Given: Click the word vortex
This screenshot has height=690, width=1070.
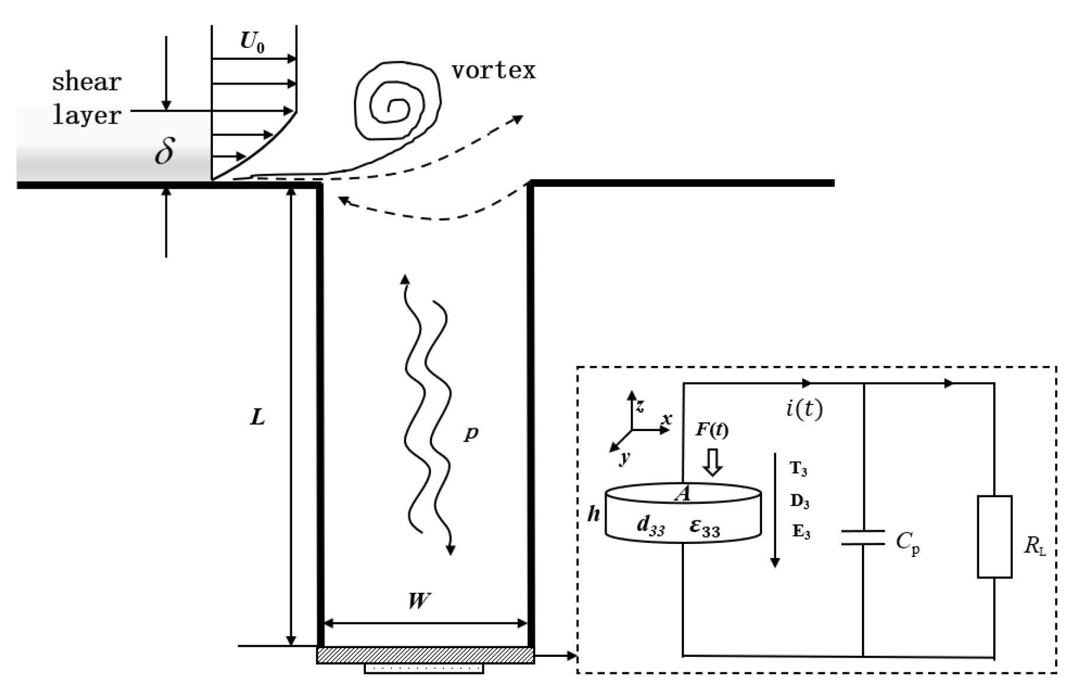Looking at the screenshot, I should point(494,70).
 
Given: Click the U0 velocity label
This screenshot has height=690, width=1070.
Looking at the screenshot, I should point(252,42).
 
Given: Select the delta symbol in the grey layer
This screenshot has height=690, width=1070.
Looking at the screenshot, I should point(164,151).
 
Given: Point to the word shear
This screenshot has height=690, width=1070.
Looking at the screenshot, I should point(86,82).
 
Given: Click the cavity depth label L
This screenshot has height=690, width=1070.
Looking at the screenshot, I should point(257,418).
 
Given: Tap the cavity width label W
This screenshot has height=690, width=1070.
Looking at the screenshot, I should point(419,601).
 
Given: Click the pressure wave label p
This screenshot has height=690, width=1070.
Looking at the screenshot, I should point(471,433).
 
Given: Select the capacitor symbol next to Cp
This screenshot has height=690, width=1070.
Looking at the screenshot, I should point(863,537).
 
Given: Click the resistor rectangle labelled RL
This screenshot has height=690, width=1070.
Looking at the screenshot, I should point(994,536).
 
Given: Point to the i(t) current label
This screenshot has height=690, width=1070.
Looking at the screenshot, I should point(804,408).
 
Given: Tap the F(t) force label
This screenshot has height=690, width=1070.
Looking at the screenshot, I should point(712,429).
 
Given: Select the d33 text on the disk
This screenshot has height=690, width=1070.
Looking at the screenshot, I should point(650,526).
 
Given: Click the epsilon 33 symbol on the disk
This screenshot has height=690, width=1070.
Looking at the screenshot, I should point(705,526).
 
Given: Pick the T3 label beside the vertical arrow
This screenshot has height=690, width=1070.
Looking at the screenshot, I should point(798,469).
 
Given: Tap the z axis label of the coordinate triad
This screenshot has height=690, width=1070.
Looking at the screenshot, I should point(640,406).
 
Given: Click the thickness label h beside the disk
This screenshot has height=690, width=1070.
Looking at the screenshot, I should point(594,514).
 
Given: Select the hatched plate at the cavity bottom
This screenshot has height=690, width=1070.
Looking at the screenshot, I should point(426,655).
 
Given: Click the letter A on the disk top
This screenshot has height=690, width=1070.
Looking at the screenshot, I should point(683,493).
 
